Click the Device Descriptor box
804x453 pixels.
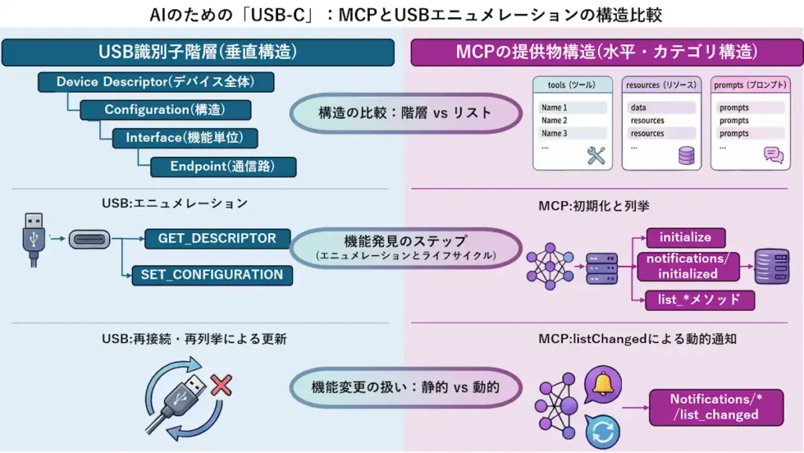155,82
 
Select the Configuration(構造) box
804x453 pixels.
166,110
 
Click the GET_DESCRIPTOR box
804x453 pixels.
217,239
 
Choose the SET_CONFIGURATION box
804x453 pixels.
212,275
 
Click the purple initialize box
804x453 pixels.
685,238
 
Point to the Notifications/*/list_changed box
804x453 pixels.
715,407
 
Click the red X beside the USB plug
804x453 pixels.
222,385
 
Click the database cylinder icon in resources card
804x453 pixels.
687,155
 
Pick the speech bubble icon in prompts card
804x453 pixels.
773,155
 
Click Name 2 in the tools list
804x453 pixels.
554,121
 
